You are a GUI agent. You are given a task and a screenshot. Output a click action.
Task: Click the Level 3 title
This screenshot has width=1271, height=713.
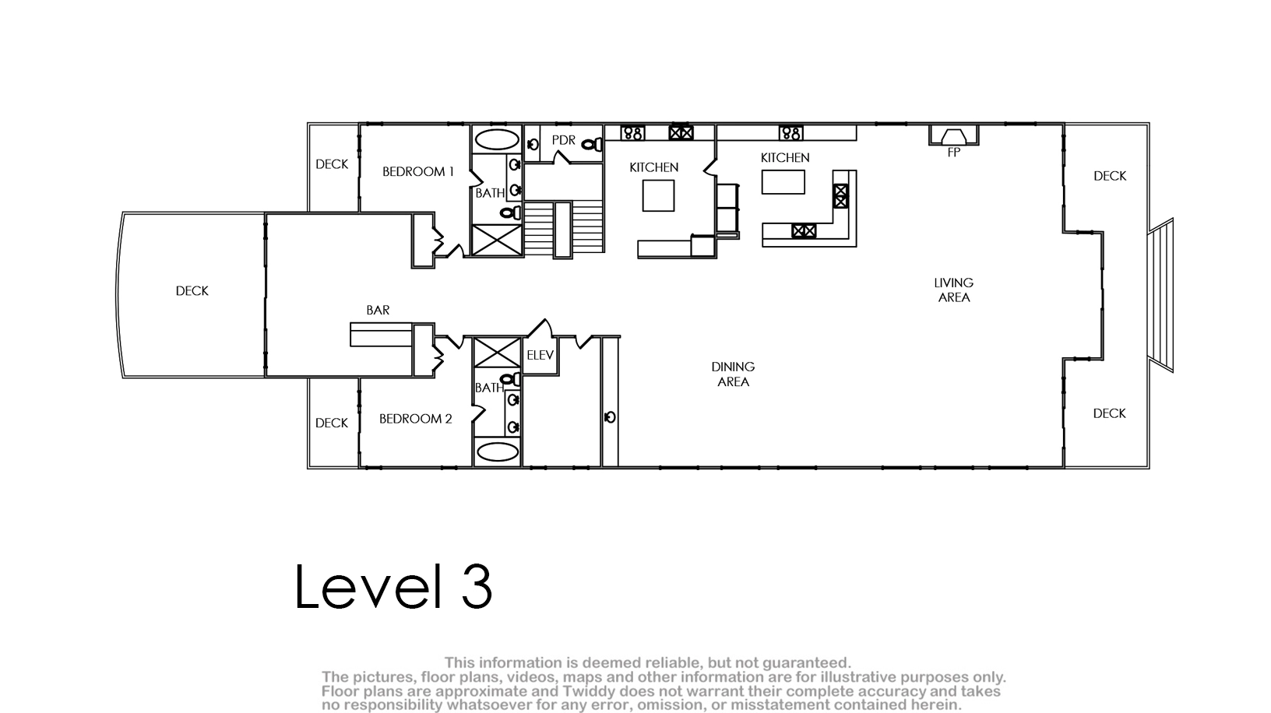pos(393,587)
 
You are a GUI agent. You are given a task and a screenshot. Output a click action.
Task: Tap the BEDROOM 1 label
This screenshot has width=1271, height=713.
pos(418,171)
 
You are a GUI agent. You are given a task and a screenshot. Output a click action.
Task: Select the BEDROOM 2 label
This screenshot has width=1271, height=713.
pos(415,419)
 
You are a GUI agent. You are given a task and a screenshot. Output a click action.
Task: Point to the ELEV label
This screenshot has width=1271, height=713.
pos(540,355)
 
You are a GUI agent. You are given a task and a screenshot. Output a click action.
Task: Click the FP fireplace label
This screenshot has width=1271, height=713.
pos(954,153)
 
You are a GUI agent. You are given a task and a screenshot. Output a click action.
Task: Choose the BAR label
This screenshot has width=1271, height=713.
pos(378,311)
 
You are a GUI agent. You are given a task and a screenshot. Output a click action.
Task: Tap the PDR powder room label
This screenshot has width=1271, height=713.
pos(563,140)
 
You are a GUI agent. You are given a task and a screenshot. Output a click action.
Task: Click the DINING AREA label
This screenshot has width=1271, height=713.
pos(733,374)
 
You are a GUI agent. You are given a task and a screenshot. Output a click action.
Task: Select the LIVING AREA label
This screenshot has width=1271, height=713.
pos(954,290)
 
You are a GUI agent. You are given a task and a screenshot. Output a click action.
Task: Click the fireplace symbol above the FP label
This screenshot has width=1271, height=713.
pos(954,135)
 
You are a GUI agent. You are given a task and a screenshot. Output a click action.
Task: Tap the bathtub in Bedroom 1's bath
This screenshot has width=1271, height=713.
pos(497,139)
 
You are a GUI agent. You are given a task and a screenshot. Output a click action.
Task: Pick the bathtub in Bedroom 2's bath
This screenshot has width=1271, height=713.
pos(497,452)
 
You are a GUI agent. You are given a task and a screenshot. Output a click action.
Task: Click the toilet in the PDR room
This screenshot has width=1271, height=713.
pos(593,145)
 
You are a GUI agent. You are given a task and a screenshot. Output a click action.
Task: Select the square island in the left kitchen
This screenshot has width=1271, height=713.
pos(658,195)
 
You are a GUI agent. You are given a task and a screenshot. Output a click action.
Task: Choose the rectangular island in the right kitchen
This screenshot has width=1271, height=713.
pos(783,182)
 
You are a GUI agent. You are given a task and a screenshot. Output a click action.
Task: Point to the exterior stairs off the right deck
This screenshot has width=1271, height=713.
pos(1161,295)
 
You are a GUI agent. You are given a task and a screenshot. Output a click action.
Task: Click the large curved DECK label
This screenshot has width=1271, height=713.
pos(192,291)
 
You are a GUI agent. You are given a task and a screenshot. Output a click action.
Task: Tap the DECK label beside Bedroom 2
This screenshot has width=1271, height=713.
pos(331,423)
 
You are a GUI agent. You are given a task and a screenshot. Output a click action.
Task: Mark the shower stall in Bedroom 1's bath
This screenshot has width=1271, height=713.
pos(497,240)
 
